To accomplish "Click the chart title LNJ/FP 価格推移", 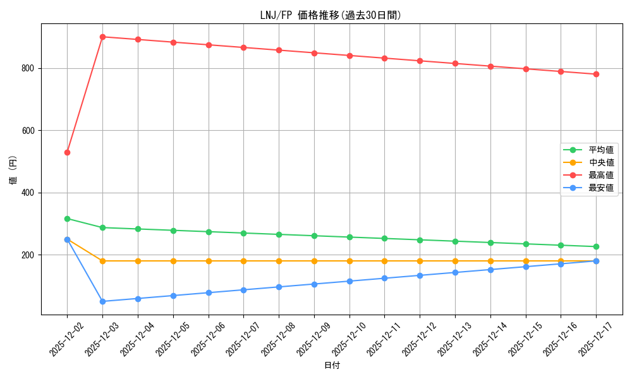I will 331,15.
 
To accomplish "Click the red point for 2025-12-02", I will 67,152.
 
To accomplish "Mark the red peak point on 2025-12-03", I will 102,37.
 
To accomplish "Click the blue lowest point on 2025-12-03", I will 102,301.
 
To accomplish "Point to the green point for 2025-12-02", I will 67,219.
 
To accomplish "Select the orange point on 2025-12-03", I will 102,261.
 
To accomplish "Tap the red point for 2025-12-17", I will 596,74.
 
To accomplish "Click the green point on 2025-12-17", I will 596,247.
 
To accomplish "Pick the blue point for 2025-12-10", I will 349,281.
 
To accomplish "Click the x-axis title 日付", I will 332,366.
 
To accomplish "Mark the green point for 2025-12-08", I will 279,234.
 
